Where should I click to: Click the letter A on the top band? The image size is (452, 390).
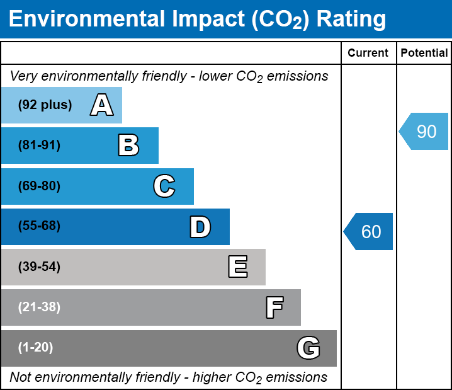tap(102, 105)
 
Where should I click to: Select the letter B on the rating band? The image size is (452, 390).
tap(128, 146)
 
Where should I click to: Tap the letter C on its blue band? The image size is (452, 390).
tap(164, 186)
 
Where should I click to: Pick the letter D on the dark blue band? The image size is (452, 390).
tap(200, 226)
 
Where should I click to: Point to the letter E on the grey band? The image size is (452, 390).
tap(237, 267)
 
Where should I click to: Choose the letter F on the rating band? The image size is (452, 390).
tap(274, 307)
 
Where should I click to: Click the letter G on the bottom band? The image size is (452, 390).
tap(308, 348)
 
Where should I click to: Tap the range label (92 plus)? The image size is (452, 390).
tap(45, 105)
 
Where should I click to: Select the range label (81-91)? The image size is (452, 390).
tap(39, 146)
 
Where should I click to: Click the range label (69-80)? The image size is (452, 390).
tap(39, 186)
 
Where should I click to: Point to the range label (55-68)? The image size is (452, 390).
tap(39, 226)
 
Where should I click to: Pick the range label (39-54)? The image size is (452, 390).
tap(39, 267)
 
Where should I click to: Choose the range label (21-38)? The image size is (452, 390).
tap(39, 307)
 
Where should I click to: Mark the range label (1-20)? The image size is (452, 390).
tap(36, 348)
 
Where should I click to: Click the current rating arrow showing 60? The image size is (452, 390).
tap(369, 231)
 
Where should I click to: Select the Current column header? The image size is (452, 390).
tap(368, 54)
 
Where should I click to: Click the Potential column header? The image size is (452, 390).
tap(424, 54)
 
